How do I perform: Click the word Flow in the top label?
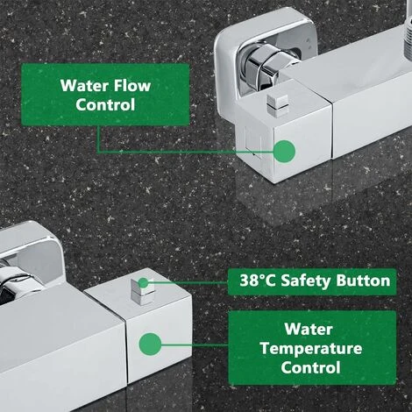[x=132, y=85]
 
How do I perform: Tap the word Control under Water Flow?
[x=105, y=104]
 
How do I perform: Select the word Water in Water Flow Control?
[x=84, y=85]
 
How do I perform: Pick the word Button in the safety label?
[x=363, y=281]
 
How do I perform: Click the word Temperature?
[x=311, y=349]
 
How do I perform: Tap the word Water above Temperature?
[x=309, y=330]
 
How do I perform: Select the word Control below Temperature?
[x=311, y=367]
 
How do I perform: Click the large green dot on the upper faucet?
[x=284, y=152]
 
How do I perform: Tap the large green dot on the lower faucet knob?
[x=150, y=345]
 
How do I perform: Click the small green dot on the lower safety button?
[x=143, y=282]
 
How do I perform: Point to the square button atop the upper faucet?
[x=277, y=104]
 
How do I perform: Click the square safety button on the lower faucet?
[x=142, y=290]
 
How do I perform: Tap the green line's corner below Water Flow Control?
[x=98, y=152]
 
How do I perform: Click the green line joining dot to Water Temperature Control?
[x=195, y=345]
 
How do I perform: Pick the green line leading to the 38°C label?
[x=188, y=282]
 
